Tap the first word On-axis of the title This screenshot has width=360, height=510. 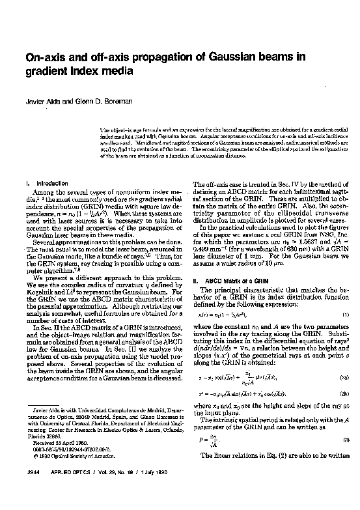click(x=44, y=57)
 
